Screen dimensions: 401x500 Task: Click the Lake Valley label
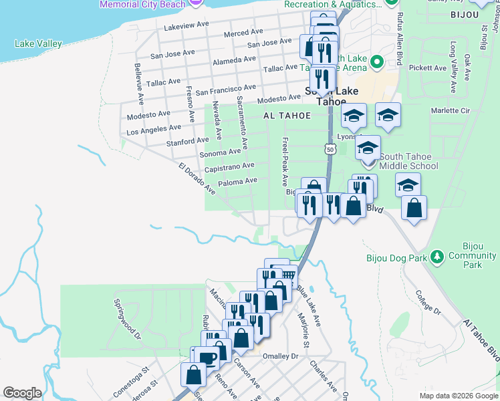tap(38, 44)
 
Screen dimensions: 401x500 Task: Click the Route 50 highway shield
tap(331, 150)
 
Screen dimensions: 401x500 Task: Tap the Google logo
tap(22, 393)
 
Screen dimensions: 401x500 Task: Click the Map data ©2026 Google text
tap(458, 396)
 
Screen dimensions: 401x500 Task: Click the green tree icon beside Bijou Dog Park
tap(437, 257)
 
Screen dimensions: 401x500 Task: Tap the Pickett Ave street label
tap(428, 68)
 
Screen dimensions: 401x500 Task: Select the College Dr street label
tap(428, 302)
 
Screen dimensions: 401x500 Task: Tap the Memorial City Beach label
tap(142, 4)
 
